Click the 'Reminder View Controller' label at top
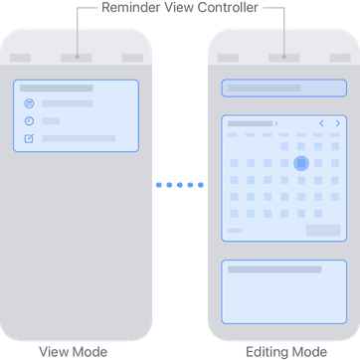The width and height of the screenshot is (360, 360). click(x=180, y=7)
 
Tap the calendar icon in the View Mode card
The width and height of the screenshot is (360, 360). click(x=29, y=103)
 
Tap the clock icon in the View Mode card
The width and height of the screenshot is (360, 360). click(x=29, y=120)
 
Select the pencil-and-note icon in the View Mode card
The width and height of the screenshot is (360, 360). click(x=29, y=138)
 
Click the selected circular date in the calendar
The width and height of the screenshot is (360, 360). click(x=301, y=162)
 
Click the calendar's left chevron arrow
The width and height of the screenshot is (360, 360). click(x=321, y=123)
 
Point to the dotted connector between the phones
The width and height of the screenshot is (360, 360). click(x=180, y=184)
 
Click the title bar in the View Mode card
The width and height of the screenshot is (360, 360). click(x=57, y=89)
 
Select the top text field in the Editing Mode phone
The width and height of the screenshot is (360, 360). click(x=283, y=89)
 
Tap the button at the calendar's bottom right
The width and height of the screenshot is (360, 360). click(x=322, y=230)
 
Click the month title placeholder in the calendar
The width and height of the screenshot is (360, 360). click(x=251, y=123)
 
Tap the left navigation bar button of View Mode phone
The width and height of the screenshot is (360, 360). click(x=20, y=58)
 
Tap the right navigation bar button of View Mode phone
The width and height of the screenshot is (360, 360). click(x=132, y=58)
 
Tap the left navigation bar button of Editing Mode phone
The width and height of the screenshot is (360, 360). click(x=228, y=58)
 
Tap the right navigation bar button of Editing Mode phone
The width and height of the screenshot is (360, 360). click(x=340, y=58)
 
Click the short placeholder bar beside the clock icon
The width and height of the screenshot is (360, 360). click(x=51, y=120)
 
